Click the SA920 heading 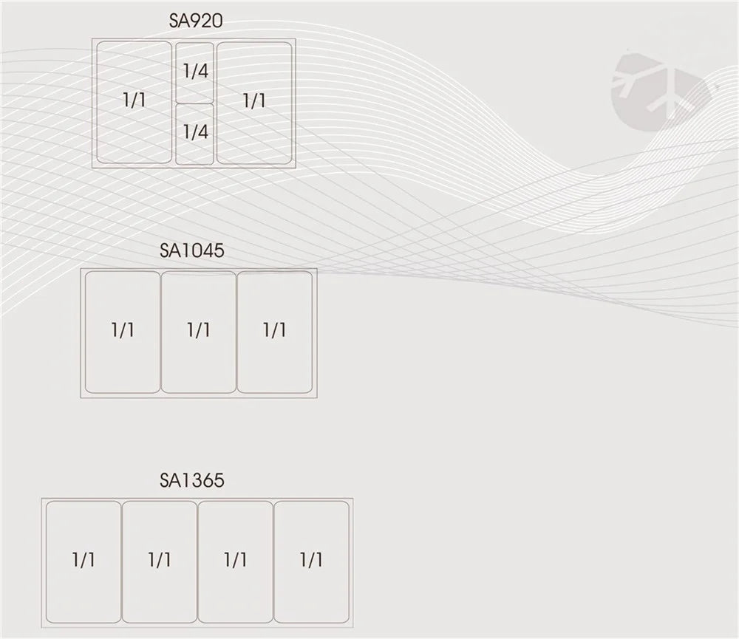pyautogui.click(x=196, y=21)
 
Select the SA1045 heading pyautogui.click(x=191, y=250)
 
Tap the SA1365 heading pyautogui.click(x=191, y=481)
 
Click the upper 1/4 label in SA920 pyautogui.click(x=195, y=72)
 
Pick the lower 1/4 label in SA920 pyautogui.click(x=195, y=132)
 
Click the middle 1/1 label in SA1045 pyautogui.click(x=199, y=329)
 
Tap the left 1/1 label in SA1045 pyautogui.click(x=123, y=329)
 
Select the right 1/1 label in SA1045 pyautogui.click(x=274, y=329)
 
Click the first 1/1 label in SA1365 pyautogui.click(x=84, y=559)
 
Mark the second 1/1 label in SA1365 pyautogui.click(x=160, y=559)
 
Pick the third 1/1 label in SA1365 pyautogui.click(x=236, y=559)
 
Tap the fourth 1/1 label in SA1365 pyautogui.click(x=311, y=559)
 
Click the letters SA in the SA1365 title pyautogui.click(x=169, y=481)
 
